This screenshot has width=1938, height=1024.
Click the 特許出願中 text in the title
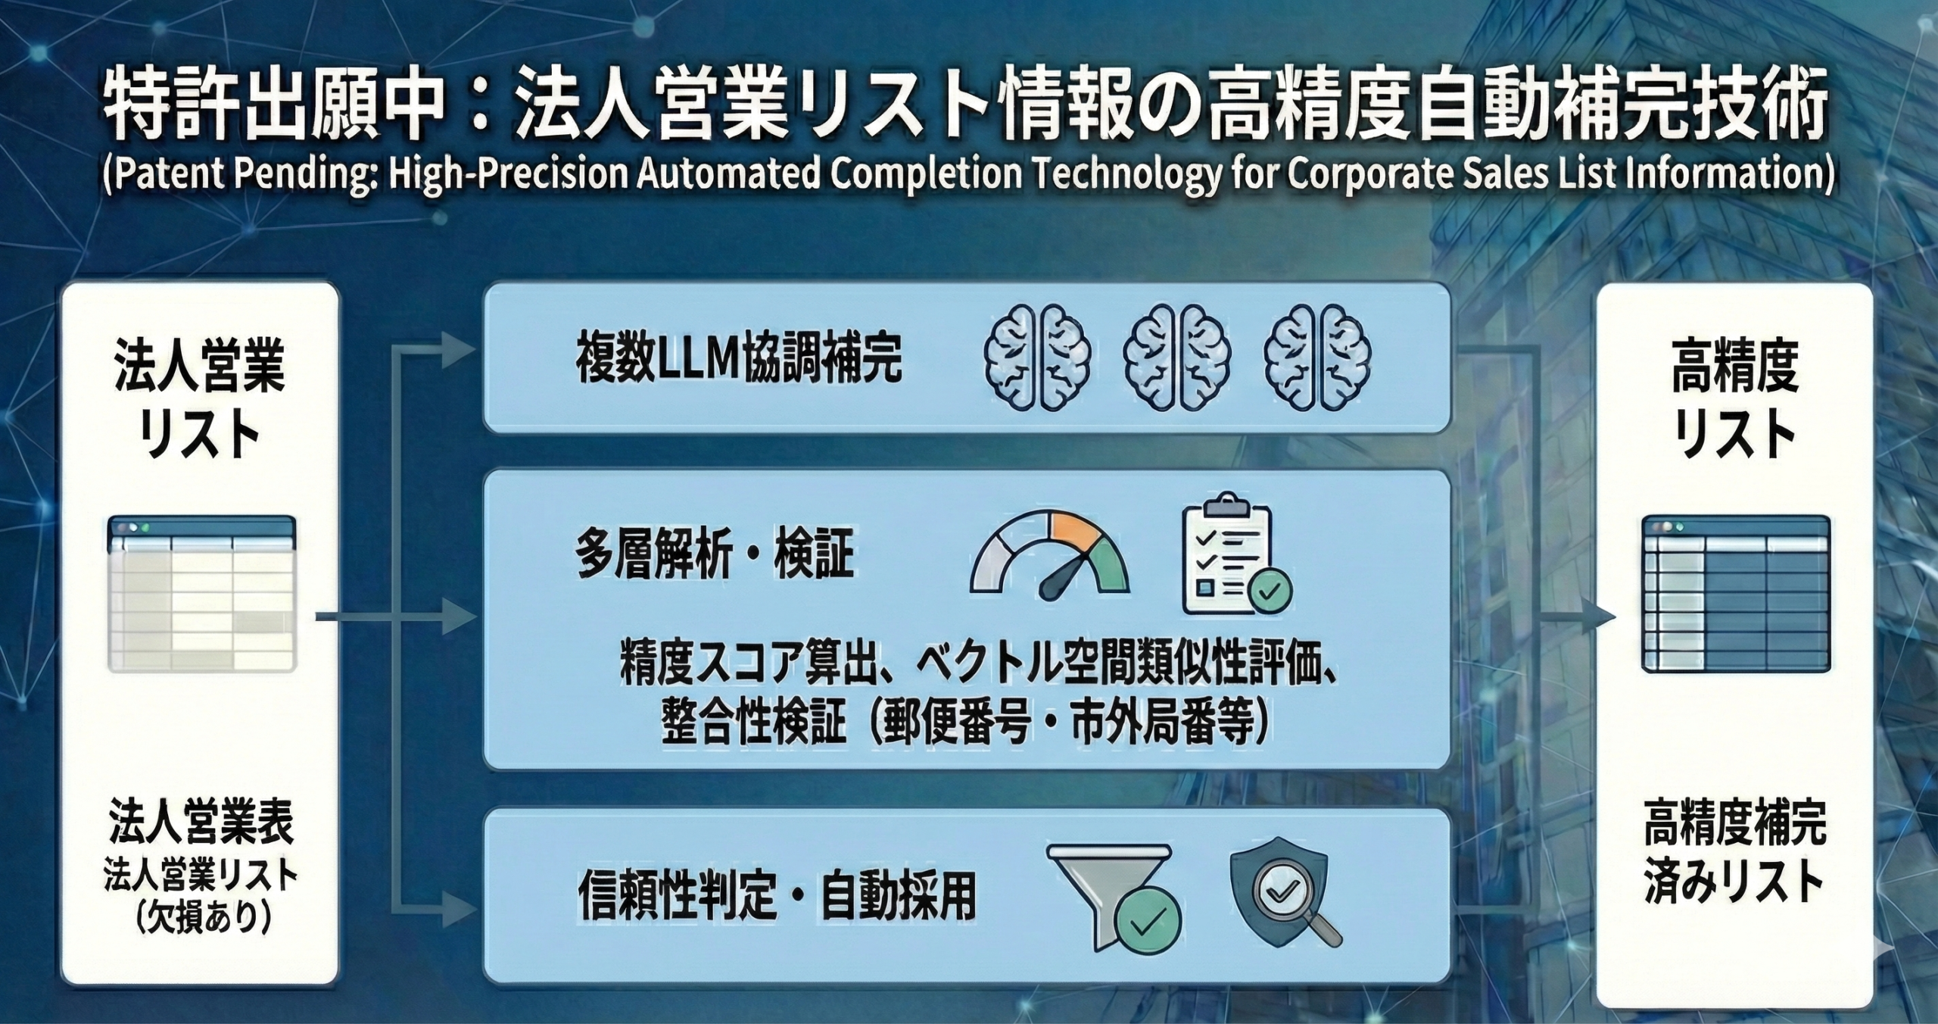pos(273,113)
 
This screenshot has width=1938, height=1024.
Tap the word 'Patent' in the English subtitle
pos(164,175)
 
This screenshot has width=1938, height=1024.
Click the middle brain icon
pos(1177,358)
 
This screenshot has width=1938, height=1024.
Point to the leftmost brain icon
pos(1037,358)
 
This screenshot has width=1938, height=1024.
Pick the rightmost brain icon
pos(1317,358)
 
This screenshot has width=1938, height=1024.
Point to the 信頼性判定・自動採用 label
pos(777,898)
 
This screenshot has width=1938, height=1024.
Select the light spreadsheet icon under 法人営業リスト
pos(202,594)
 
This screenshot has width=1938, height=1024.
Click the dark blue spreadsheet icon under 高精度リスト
pos(1735,594)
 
